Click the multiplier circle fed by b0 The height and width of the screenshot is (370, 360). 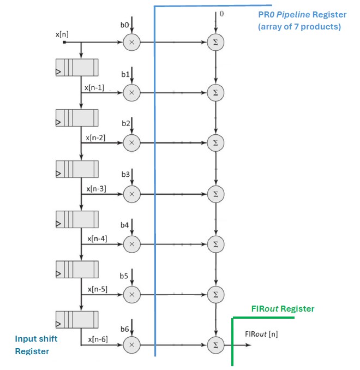coord(131,42)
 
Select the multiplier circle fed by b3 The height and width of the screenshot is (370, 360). coord(131,193)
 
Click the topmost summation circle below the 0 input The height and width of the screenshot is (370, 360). coord(216,42)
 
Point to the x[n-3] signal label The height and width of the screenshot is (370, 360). coord(96,188)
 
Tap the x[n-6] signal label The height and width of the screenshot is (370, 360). coord(97,339)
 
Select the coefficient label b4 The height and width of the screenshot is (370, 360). coord(124,225)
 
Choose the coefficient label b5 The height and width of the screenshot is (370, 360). coord(124,276)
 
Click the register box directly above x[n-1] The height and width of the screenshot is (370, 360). coord(77,68)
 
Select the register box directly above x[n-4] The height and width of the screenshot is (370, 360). coord(77,219)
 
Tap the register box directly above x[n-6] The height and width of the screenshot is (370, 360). coord(77,320)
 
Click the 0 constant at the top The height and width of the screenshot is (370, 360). coord(221,14)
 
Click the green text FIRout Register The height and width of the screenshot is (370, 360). coord(283,309)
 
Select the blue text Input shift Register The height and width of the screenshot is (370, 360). coord(36,345)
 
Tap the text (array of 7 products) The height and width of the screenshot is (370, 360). coord(299,27)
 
